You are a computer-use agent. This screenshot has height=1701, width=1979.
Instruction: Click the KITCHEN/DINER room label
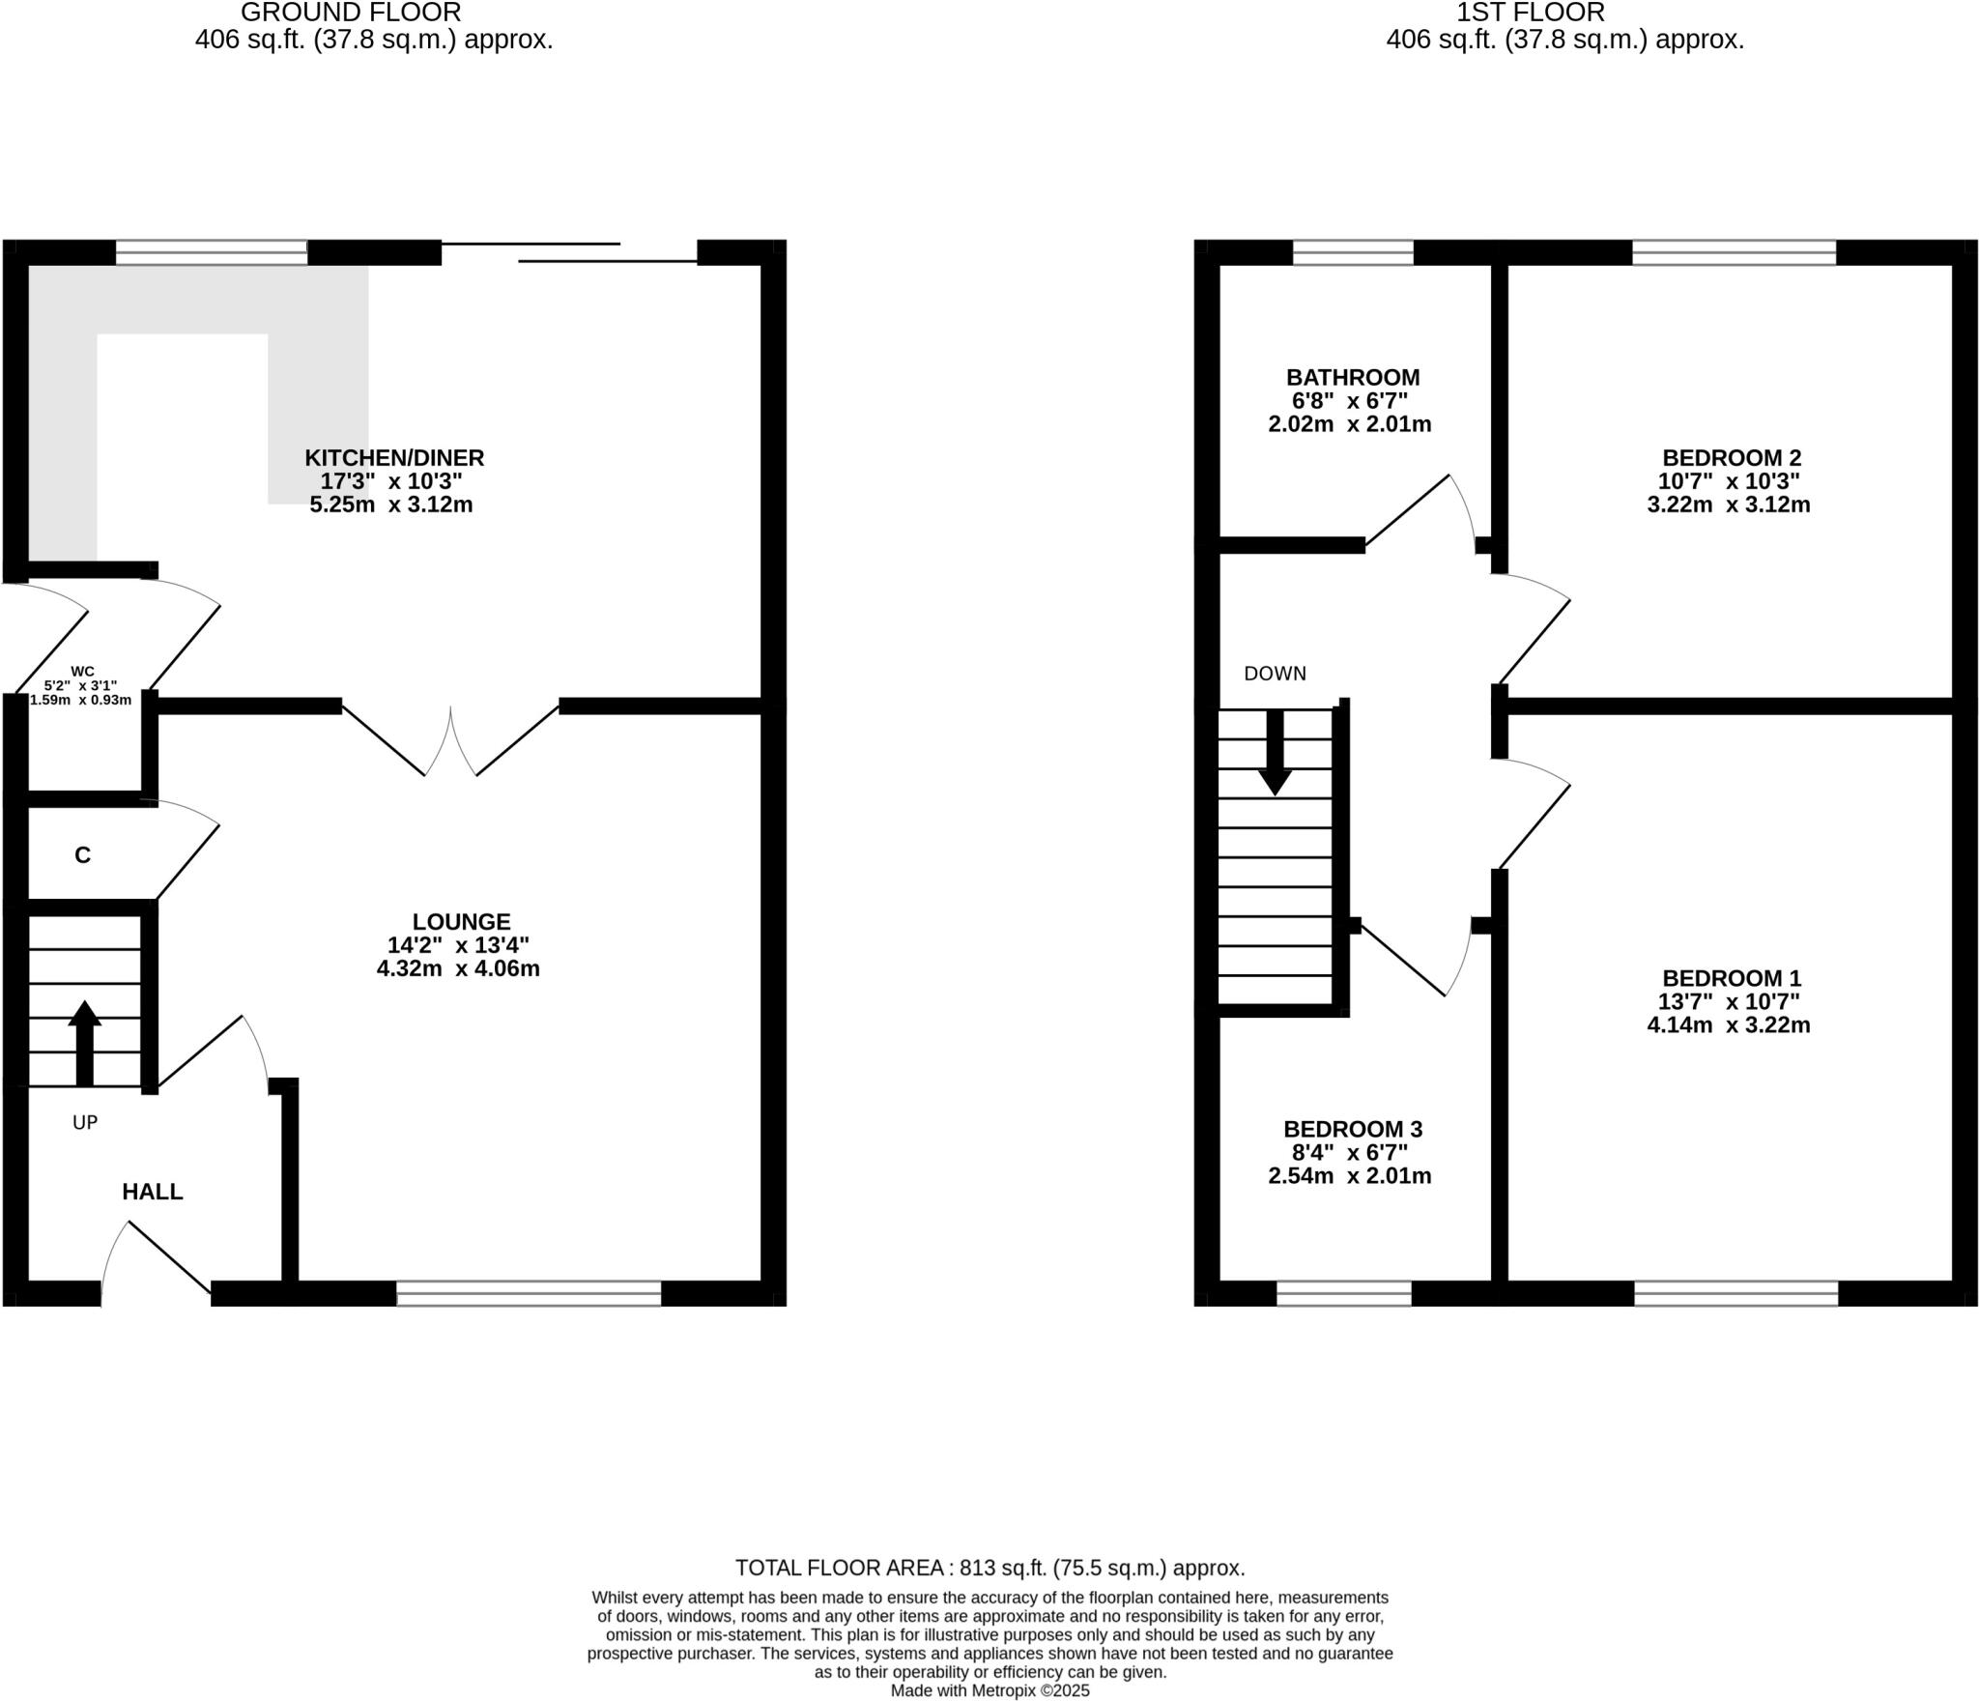click(x=394, y=457)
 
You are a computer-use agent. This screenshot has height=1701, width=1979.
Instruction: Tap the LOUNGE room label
click(x=461, y=921)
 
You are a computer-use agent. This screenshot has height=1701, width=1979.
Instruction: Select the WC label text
click(x=82, y=671)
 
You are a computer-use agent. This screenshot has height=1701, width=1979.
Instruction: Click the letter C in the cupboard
click(x=83, y=855)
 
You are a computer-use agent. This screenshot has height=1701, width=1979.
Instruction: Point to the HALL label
click(x=152, y=1192)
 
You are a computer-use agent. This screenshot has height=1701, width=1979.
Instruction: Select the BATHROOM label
click(x=1352, y=377)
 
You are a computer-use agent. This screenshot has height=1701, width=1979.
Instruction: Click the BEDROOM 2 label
click(x=1731, y=457)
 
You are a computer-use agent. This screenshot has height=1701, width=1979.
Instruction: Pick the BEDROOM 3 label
click(x=1352, y=1129)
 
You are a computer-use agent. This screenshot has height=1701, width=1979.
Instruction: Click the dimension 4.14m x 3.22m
click(x=1728, y=1025)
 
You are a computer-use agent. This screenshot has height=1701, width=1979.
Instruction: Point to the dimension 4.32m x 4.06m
click(x=458, y=968)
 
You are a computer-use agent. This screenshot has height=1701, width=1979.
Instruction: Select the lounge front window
click(x=529, y=1293)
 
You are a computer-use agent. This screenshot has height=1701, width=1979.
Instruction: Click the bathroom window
click(x=1352, y=252)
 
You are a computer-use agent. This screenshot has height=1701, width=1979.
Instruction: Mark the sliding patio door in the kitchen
click(x=570, y=252)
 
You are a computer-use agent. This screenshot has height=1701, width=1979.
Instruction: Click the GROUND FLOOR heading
click(x=351, y=14)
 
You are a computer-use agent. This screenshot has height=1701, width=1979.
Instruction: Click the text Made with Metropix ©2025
click(x=989, y=1690)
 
